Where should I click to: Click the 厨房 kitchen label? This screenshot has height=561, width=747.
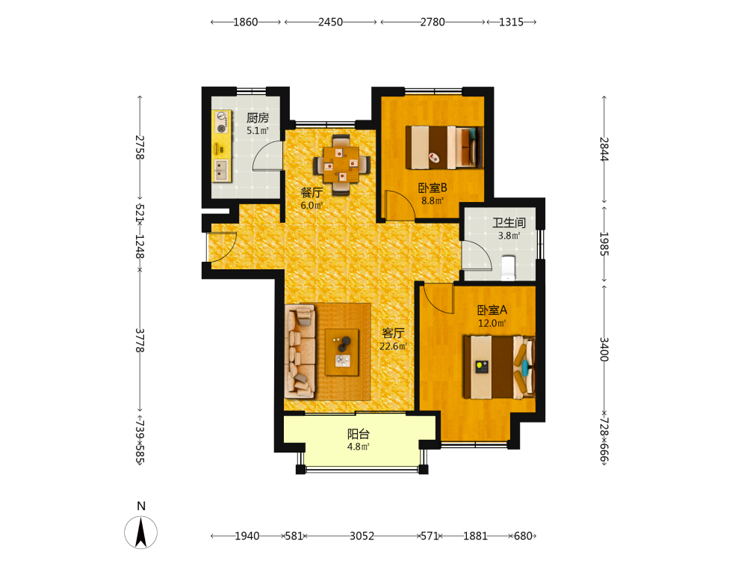click(x=258, y=118)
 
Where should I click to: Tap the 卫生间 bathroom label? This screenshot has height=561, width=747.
click(x=509, y=223)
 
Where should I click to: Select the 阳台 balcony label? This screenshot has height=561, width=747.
click(x=359, y=434)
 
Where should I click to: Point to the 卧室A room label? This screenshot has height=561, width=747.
click(x=492, y=310)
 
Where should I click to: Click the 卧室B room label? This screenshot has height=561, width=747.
click(x=433, y=188)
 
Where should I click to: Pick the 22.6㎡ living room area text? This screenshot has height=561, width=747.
click(x=393, y=346)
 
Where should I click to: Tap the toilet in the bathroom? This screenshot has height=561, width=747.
click(x=508, y=268)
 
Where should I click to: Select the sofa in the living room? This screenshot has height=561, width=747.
click(x=300, y=351)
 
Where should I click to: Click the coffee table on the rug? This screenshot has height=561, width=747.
click(x=342, y=352)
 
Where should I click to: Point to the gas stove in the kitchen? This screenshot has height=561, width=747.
click(x=221, y=122)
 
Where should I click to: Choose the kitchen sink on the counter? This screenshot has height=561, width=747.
click(x=221, y=171)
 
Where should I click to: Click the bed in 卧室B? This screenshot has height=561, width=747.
click(x=444, y=147)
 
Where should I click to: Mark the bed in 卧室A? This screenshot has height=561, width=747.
click(x=499, y=367)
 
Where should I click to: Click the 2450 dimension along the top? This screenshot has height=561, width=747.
click(x=331, y=22)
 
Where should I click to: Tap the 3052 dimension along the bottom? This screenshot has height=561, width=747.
click(x=362, y=536)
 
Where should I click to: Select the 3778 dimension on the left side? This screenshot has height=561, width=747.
click(x=140, y=340)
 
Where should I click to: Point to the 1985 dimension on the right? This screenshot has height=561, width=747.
click(x=604, y=243)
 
